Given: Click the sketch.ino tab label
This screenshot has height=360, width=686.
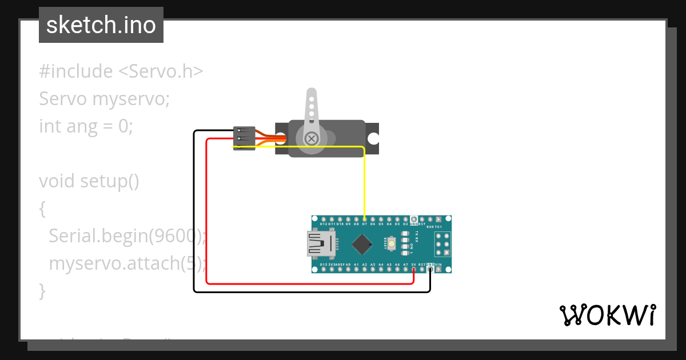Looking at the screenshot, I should pos(101,25).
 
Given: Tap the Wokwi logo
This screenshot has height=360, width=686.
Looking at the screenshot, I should pos(608,315).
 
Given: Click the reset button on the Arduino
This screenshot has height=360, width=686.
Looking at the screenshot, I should pos(392,244).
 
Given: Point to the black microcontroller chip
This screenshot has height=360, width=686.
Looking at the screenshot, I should pos(362,244).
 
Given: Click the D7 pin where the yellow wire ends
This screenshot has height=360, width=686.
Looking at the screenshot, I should pos(364,219).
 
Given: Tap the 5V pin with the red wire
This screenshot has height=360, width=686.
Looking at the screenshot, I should pos(413,270).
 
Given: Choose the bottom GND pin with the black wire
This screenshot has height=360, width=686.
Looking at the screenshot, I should pos(430,270).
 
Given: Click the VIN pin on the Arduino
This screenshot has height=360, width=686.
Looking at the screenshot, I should pos(438,270).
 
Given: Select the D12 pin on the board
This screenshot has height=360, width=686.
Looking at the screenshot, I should pos(324,219).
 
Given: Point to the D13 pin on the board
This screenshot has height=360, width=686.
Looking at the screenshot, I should pos(324,270).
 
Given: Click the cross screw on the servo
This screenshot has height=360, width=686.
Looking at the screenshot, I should pos(312,138).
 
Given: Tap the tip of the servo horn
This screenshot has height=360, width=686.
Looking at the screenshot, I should pos(312,93).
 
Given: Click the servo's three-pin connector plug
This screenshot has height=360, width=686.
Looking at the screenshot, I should pos(244,138).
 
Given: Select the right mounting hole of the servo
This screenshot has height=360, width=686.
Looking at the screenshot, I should pos(373,138).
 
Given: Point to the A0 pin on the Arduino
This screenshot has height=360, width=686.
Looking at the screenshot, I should pos(348,270).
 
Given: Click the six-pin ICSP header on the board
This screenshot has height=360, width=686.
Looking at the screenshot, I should pos(441,244).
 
